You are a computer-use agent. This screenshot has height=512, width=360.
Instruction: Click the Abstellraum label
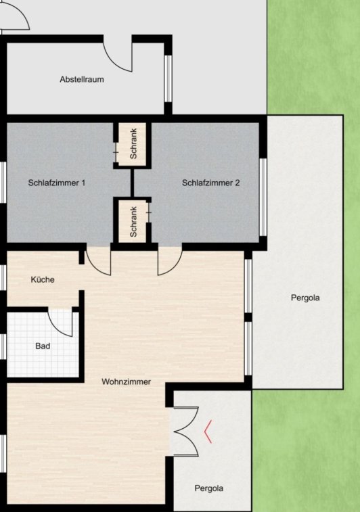point(82,79)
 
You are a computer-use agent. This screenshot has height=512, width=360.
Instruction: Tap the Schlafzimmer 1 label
point(57,183)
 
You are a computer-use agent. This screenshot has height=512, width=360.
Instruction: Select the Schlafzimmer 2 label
point(210,183)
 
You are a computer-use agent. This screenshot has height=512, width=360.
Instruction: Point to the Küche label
point(43,279)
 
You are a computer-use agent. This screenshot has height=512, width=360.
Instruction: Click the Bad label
point(43,346)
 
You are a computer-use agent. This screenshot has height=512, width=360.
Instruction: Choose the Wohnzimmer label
point(126,381)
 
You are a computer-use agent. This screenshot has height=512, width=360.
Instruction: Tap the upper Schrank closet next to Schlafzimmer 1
point(132,144)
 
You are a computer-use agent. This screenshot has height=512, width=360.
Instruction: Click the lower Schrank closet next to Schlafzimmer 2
point(132,222)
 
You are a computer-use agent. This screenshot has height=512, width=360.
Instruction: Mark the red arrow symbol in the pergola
point(208,432)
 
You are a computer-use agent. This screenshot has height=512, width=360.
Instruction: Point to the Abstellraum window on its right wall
point(168,78)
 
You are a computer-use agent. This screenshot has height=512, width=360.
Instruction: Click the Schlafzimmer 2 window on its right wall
point(263,197)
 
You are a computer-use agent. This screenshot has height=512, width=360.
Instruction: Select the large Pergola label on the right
point(305,298)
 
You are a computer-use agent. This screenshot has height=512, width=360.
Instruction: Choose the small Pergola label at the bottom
point(208,488)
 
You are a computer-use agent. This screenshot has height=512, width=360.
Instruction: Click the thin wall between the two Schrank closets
point(133,183)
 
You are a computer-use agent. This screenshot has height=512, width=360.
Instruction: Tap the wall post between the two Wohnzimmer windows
point(248,317)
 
